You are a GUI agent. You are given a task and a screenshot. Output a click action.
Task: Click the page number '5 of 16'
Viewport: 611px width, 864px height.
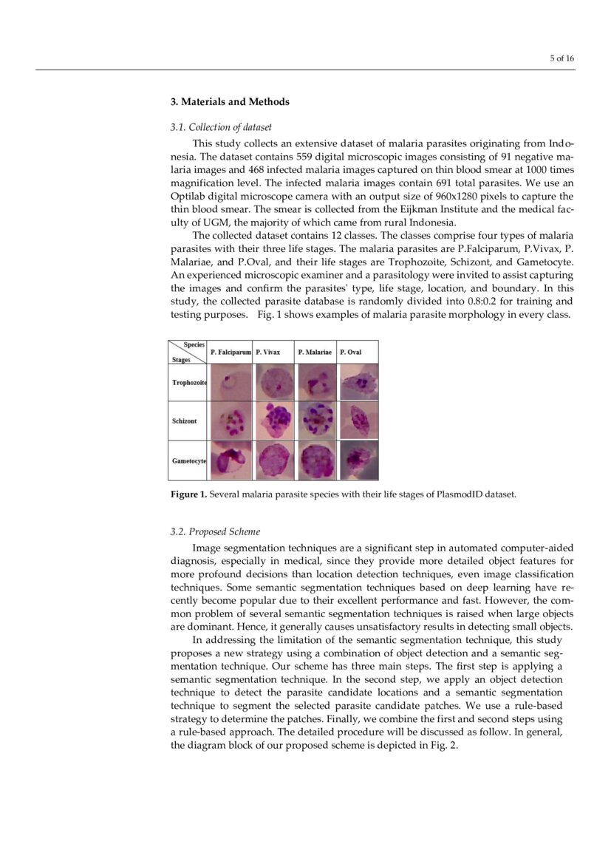click(x=562, y=59)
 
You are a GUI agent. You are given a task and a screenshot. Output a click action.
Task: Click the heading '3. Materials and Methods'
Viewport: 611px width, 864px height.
click(x=230, y=102)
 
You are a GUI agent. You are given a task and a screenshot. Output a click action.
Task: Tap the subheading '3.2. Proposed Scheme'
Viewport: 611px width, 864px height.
click(x=215, y=531)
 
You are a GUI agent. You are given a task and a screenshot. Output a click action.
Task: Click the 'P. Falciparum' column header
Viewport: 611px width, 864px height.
click(x=231, y=353)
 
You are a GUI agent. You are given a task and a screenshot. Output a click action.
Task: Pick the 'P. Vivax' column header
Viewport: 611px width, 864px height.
click(x=268, y=353)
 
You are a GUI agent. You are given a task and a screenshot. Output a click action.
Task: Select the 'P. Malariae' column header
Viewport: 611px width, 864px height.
click(x=315, y=353)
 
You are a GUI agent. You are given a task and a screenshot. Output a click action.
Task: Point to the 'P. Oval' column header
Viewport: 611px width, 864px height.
click(x=351, y=353)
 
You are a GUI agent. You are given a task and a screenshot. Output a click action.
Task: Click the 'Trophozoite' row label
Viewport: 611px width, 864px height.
click(x=189, y=383)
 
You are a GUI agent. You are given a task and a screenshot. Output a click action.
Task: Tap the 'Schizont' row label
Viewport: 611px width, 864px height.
click(x=185, y=421)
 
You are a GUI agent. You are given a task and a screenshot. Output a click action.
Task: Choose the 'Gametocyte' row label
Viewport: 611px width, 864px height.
click(x=189, y=460)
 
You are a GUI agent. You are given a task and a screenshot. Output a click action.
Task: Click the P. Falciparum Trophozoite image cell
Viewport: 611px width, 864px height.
click(x=231, y=383)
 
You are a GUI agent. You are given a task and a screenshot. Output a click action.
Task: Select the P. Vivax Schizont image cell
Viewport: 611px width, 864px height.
click(x=274, y=421)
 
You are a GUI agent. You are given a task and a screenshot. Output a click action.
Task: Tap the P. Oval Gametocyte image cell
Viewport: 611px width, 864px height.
click(x=358, y=460)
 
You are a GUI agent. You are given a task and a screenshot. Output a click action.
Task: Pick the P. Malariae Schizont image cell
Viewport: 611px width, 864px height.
click(x=316, y=421)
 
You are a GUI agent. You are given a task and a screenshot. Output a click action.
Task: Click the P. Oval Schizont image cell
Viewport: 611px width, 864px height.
click(x=358, y=421)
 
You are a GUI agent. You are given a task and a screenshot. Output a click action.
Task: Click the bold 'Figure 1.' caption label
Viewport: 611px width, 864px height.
click(x=189, y=494)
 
